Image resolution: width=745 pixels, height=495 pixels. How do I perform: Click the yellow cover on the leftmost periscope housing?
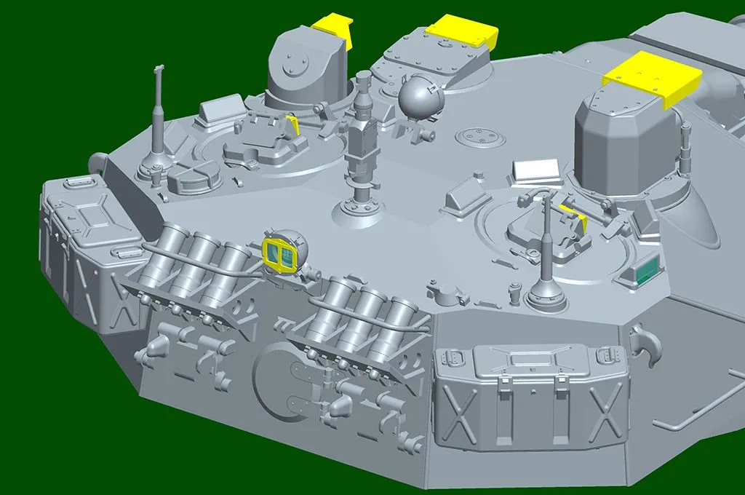[334, 29]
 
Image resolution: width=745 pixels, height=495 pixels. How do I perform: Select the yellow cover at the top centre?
[461, 31]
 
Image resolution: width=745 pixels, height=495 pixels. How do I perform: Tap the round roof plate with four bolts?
[477, 136]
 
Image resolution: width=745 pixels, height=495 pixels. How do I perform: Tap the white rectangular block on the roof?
[535, 172]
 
